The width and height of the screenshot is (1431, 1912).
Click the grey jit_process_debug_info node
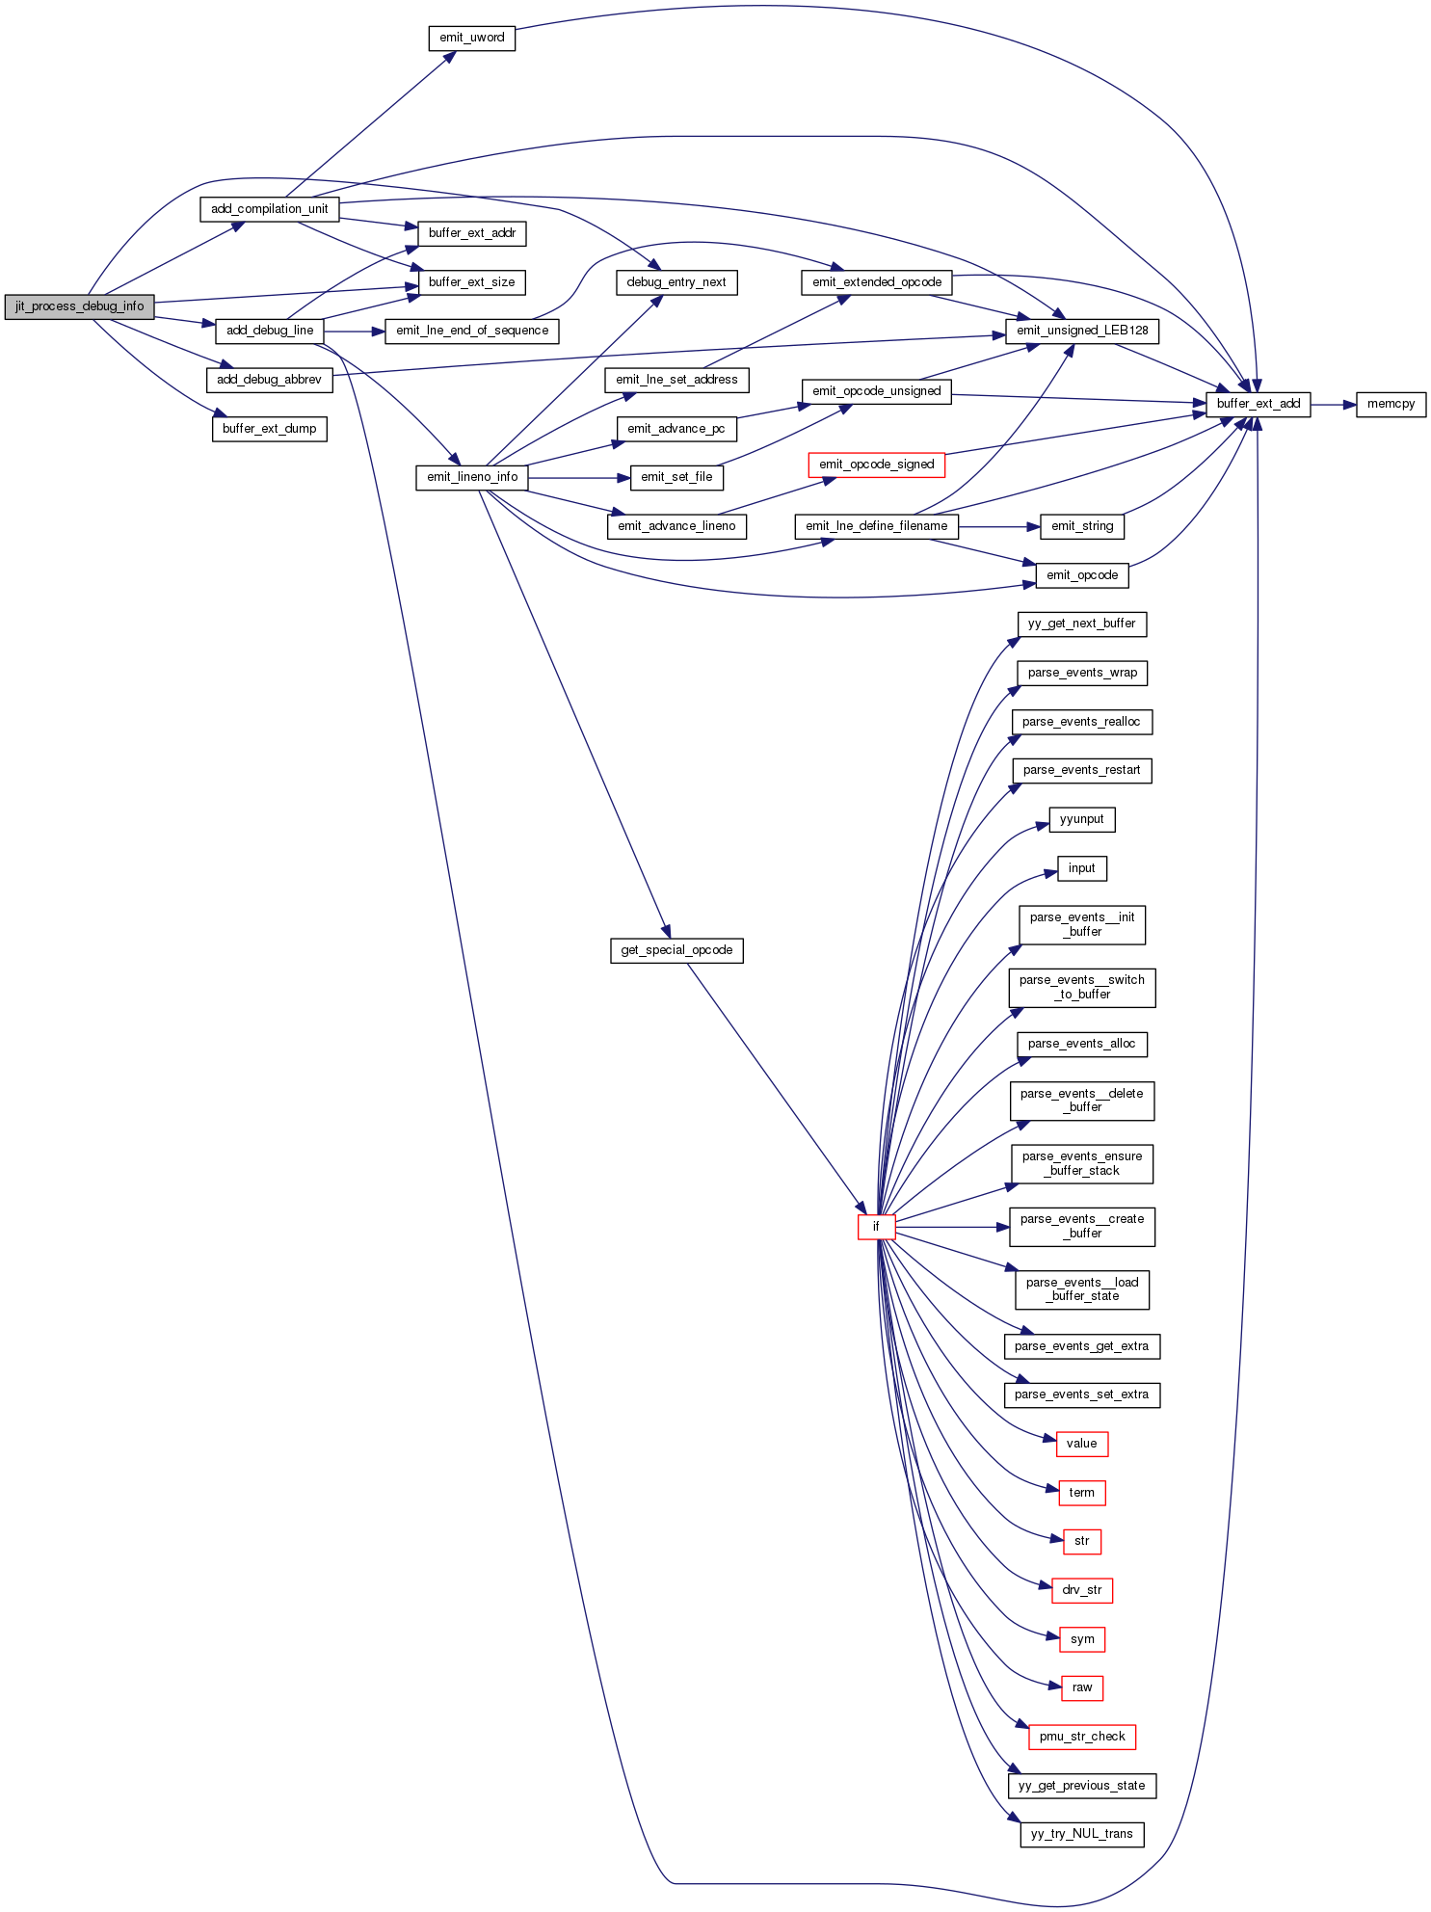[79, 306]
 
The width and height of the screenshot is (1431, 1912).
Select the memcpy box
[1391, 404]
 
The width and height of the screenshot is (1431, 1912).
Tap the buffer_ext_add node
[1258, 404]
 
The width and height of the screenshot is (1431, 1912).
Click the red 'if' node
[876, 1227]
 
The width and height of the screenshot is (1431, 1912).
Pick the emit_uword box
[471, 38]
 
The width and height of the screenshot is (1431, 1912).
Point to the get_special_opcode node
[676, 950]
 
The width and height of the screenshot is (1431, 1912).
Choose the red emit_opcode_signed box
[876, 465]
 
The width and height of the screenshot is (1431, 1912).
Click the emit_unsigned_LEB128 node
[1082, 331]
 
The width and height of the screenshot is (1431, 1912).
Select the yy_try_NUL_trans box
[1081, 1834]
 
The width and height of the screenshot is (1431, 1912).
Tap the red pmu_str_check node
[1082, 1737]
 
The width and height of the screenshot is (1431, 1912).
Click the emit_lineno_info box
[472, 477]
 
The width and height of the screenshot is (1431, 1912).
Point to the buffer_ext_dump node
[269, 429]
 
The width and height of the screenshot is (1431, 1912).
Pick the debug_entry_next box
[676, 282]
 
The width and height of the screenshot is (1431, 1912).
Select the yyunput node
[1081, 819]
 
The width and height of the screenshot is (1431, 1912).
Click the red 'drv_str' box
[1081, 1590]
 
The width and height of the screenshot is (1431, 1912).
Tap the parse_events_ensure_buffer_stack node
[1081, 1163]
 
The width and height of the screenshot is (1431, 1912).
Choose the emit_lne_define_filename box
[876, 526]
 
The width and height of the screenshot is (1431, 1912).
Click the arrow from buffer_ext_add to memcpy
[1333, 405]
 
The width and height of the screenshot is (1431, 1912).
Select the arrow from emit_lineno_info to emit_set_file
[578, 477]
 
